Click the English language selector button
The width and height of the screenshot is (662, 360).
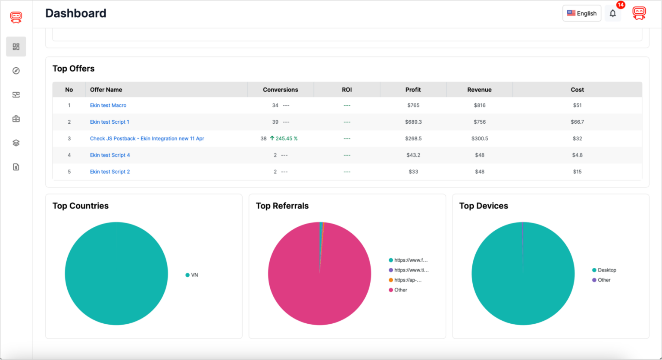[x=581, y=13]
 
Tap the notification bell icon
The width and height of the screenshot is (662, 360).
[x=612, y=14]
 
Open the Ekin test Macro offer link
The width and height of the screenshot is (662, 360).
[x=108, y=105]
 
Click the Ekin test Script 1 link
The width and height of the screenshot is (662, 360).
[x=109, y=122]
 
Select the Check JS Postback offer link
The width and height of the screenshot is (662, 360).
[x=147, y=138]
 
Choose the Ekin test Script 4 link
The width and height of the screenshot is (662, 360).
[x=110, y=155]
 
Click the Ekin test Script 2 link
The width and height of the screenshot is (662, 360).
[x=110, y=172]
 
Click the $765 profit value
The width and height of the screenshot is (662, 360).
[x=413, y=105]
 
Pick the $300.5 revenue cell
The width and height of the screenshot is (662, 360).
[x=479, y=138]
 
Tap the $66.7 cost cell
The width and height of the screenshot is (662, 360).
[x=577, y=122]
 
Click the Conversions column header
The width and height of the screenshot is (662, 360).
[x=280, y=90]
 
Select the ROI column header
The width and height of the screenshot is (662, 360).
[x=347, y=90]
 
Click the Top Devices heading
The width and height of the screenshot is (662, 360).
[x=484, y=206]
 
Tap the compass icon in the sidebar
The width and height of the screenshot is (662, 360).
[x=16, y=71]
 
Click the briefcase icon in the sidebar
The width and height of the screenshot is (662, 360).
[x=16, y=119]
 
